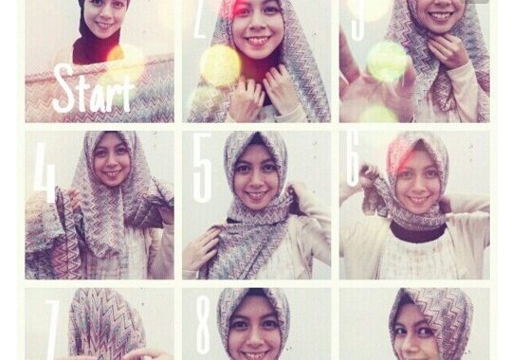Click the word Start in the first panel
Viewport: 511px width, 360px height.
pyautogui.click(x=93, y=88)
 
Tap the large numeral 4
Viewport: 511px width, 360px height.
pyautogui.click(x=45, y=171)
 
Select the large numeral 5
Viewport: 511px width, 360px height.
pyautogui.click(x=202, y=167)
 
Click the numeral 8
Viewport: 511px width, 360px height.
pyautogui.click(x=203, y=325)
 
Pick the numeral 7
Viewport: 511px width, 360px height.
pyautogui.click(x=52, y=330)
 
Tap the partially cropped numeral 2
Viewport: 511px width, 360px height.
pyautogui.click(x=199, y=19)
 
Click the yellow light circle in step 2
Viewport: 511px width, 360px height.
pyautogui.click(x=220, y=65)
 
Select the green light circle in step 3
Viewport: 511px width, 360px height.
pyautogui.click(x=387, y=62)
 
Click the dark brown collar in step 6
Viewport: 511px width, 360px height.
pyautogui.click(x=418, y=232)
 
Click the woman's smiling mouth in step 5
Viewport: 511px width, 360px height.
pyautogui.click(x=256, y=195)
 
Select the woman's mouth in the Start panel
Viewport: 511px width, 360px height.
pyautogui.click(x=104, y=24)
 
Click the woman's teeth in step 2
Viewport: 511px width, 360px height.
pyautogui.click(x=258, y=41)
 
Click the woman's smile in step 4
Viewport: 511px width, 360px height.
pyautogui.click(x=111, y=174)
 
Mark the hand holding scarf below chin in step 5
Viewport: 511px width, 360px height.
pyautogui.click(x=199, y=246)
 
